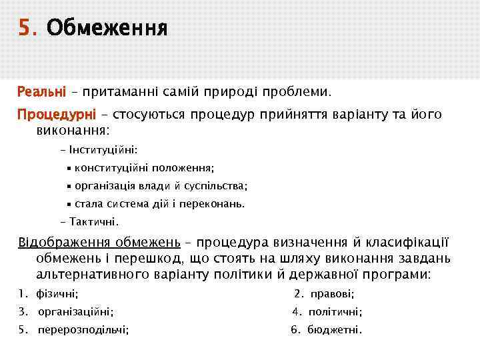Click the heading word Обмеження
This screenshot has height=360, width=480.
click(107, 29)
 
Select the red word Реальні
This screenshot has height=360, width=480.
click(41, 89)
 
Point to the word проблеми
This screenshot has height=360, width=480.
click(297, 89)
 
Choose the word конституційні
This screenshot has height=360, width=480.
click(115, 169)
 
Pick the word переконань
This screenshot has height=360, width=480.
click(212, 203)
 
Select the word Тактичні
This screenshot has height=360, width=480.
click(93, 221)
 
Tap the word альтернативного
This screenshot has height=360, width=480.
click(99, 274)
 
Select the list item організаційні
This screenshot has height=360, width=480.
click(75, 311)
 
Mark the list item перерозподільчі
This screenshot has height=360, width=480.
click(83, 329)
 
